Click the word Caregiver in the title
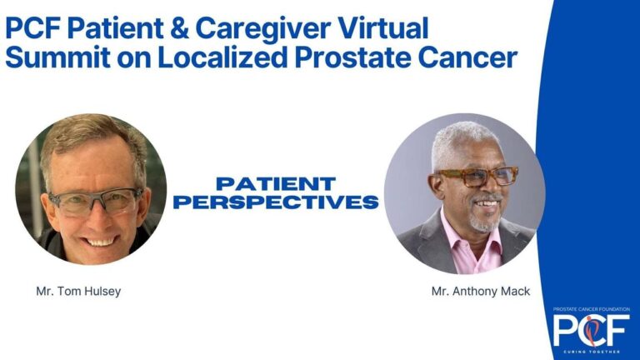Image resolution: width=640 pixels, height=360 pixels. pyautogui.click(x=262, y=29)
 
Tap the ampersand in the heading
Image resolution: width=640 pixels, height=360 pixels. pyautogui.click(x=180, y=27)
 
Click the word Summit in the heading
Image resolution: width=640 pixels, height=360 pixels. pyautogui.click(x=58, y=57)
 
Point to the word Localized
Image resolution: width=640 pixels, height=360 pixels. pyautogui.click(x=222, y=57)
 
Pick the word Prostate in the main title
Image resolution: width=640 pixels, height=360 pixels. pyautogui.click(x=352, y=57)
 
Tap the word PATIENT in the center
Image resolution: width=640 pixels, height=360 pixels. pyautogui.click(x=276, y=183)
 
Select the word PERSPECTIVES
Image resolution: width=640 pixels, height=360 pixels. pyautogui.click(x=276, y=202)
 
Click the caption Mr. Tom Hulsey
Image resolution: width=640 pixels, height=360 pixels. pyautogui.click(x=78, y=292)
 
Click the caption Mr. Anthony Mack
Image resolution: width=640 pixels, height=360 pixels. pyautogui.click(x=481, y=291)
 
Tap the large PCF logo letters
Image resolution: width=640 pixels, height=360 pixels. pyautogui.click(x=591, y=331)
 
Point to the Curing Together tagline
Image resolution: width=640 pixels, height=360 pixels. pyautogui.click(x=592, y=352)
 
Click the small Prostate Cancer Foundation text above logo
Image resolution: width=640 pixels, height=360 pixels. pyautogui.click(x=592, y=309)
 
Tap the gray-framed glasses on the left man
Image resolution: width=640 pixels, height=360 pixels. pyautogui.click(x=97, y=201)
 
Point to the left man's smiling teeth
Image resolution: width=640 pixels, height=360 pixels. pyautogui.click(x=100, y=242)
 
